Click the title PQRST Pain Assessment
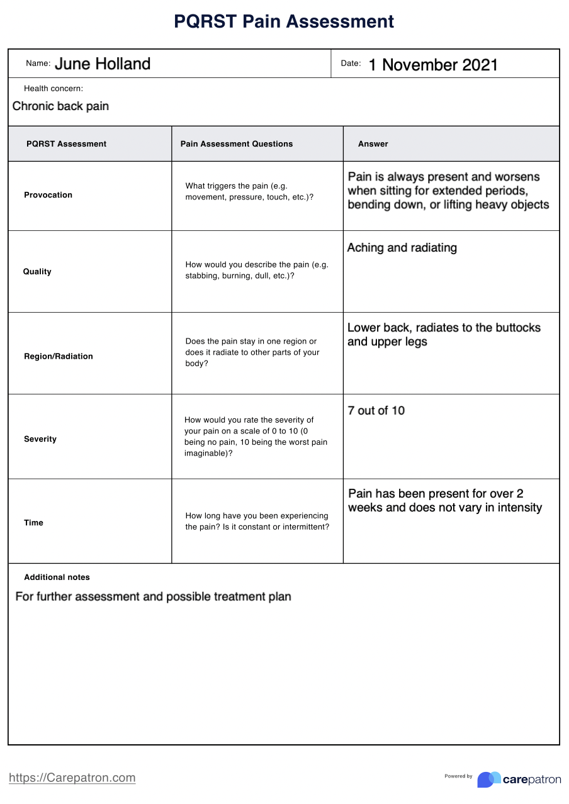pos(284,21)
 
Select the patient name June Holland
pos(103,64)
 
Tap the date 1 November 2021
pos(433,65)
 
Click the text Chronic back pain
pos(60,106)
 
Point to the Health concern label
pos(54,89)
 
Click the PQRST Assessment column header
pos(66,144)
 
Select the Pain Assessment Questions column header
pos(237,144)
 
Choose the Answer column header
pos(373,144)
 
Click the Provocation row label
pos(48,195)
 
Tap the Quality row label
pos(37,272)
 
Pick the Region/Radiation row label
pos(58,356)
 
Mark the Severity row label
pos(40,439)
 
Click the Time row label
pos(33,523)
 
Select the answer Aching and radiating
pos(402,248)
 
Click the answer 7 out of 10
pos(376,411)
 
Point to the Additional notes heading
pos(57,578)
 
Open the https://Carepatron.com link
pos(72,778)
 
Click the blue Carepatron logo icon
pos(488,779)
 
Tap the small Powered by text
pos(458,776)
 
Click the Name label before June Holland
pos(38,64)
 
